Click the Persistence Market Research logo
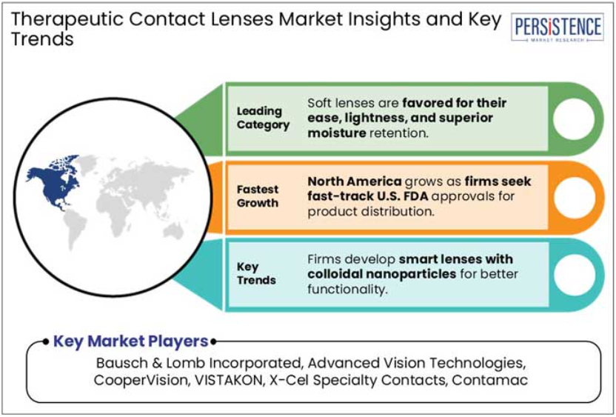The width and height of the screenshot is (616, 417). pos(557,27)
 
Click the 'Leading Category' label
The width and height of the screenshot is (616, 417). pos(263,118)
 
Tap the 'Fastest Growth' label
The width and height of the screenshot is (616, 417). pos(258,196)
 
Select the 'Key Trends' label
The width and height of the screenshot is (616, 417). pos(256,273)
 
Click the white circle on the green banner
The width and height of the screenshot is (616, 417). pos(574,119)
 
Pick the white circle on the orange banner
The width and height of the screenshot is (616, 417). pos(574,197)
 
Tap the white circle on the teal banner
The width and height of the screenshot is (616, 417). pos(574,275)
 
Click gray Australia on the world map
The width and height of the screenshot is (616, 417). pos(173,233)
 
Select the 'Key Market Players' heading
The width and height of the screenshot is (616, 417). pos(130,341)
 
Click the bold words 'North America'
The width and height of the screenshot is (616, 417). pos(355,181)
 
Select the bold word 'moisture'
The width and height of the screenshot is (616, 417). pos(337,133)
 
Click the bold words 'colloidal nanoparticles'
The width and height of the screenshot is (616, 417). pos(381,274)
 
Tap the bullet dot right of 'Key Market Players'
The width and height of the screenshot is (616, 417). pos(213,342)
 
